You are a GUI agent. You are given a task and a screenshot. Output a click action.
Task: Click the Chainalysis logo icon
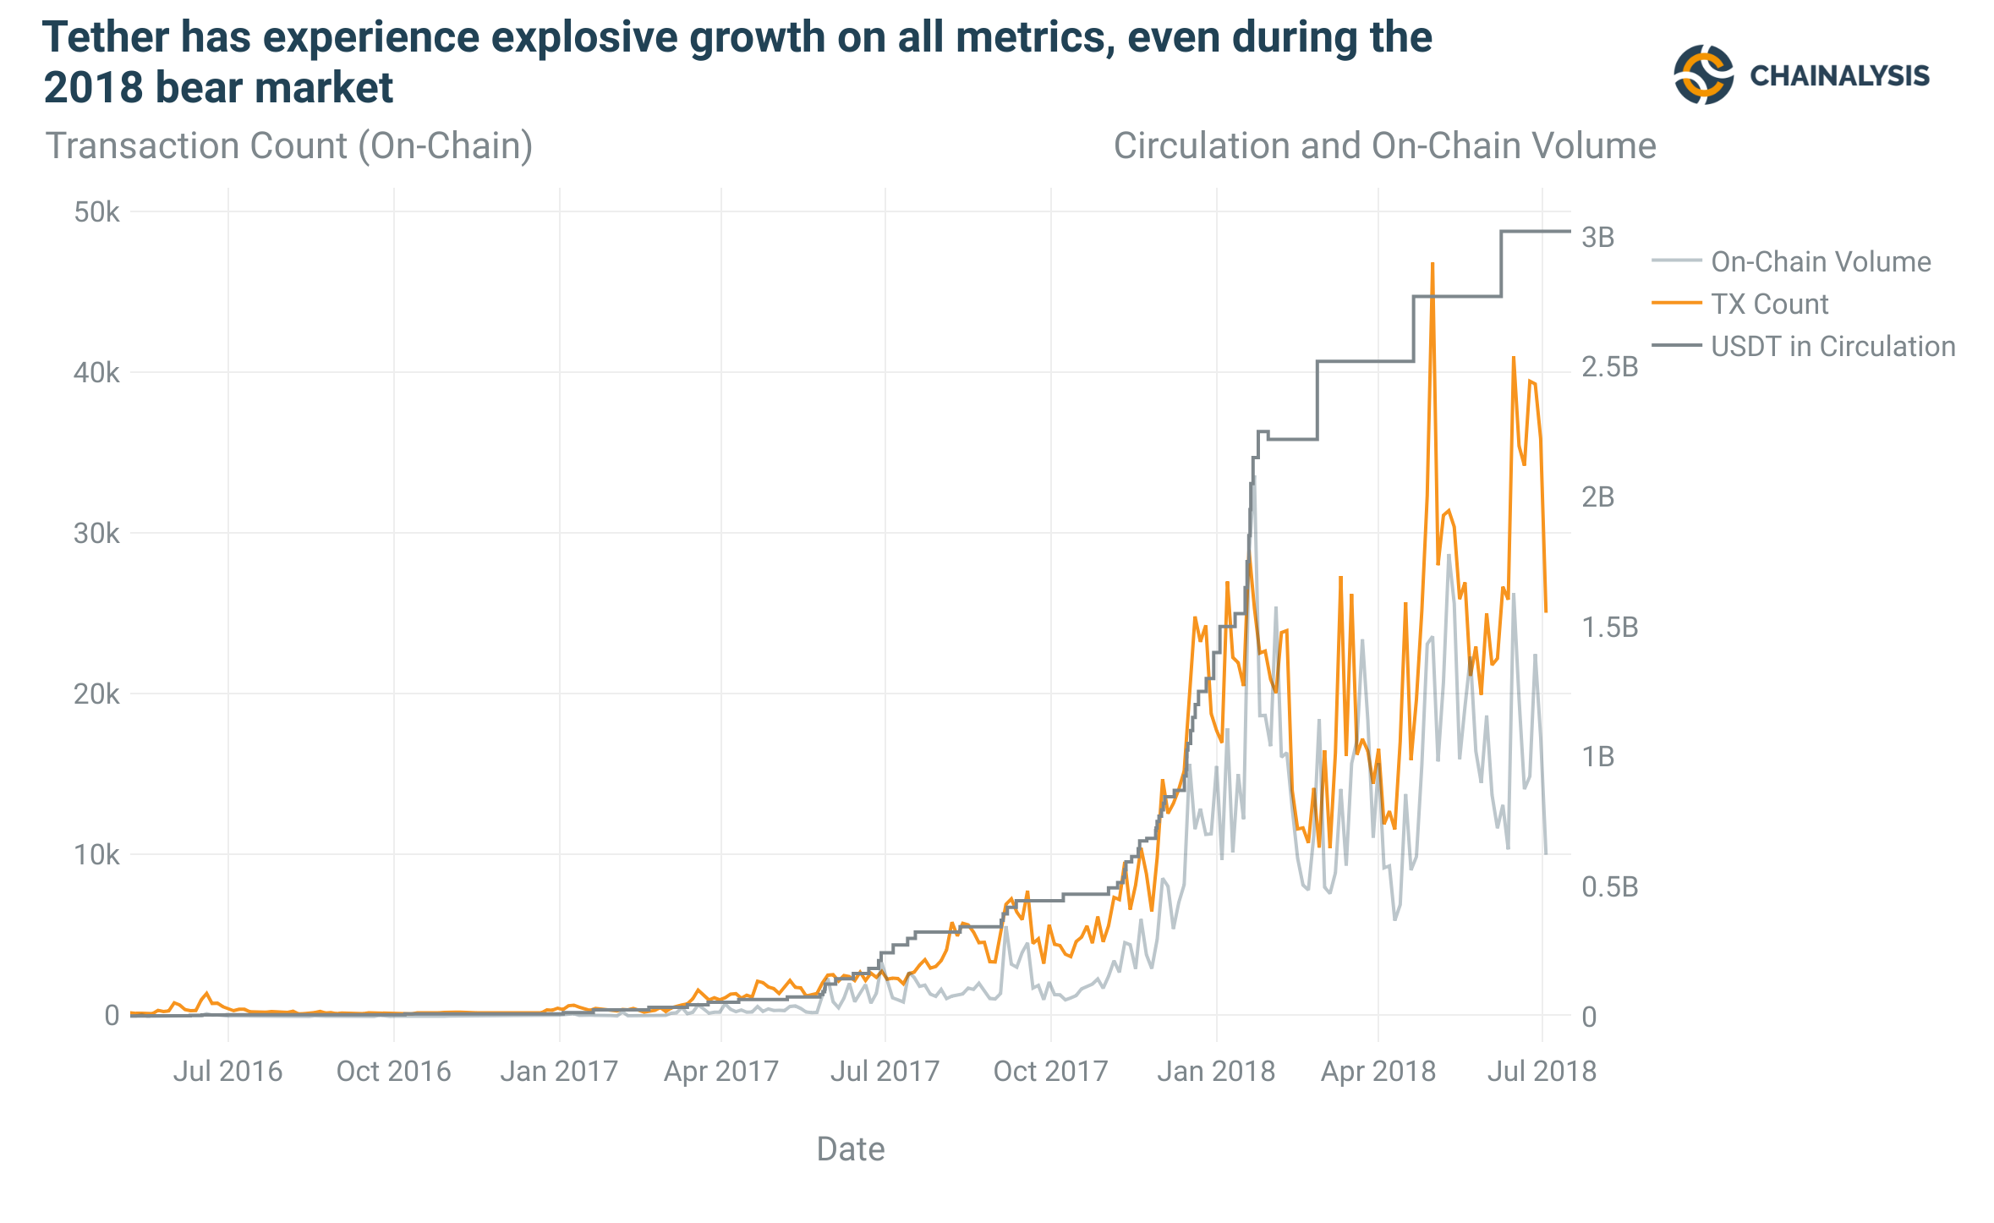click(1703, 74)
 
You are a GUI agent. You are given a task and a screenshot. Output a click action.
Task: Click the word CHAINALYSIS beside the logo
click(1839, 76)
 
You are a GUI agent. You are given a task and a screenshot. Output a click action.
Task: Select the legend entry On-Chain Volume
click(1821, 262)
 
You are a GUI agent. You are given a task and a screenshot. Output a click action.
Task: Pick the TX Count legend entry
click(1769, 304)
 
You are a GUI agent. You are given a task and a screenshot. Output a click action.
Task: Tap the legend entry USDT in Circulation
click(1832, 347)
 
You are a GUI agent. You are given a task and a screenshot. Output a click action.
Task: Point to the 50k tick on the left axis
click(96, 212)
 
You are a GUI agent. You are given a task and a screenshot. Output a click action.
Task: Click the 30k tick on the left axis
click(96, 534)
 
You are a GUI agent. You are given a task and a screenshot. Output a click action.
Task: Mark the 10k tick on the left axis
click(96, 855)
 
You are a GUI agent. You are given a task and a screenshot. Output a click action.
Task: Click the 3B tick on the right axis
click(1597, 238)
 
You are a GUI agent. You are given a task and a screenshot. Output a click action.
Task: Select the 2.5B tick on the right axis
click(1609, 367)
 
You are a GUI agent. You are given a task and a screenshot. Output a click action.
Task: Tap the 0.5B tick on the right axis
click(1609, 886)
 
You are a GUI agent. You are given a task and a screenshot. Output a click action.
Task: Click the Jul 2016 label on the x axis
click(227, 1072)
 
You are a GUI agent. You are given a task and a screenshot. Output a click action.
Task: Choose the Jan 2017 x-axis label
click(559, 1072)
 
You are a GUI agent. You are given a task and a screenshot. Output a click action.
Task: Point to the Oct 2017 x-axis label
click(1050, 1072)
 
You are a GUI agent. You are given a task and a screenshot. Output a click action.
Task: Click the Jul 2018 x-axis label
click(1542, 1072)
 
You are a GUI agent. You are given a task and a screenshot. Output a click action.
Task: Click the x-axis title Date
click(851, 1149)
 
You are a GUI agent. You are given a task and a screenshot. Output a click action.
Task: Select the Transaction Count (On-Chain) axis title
click(289, 146)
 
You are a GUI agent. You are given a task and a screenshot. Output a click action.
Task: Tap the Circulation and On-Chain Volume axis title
click(1384, 146)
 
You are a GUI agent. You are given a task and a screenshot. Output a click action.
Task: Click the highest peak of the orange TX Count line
click(1433, 264)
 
